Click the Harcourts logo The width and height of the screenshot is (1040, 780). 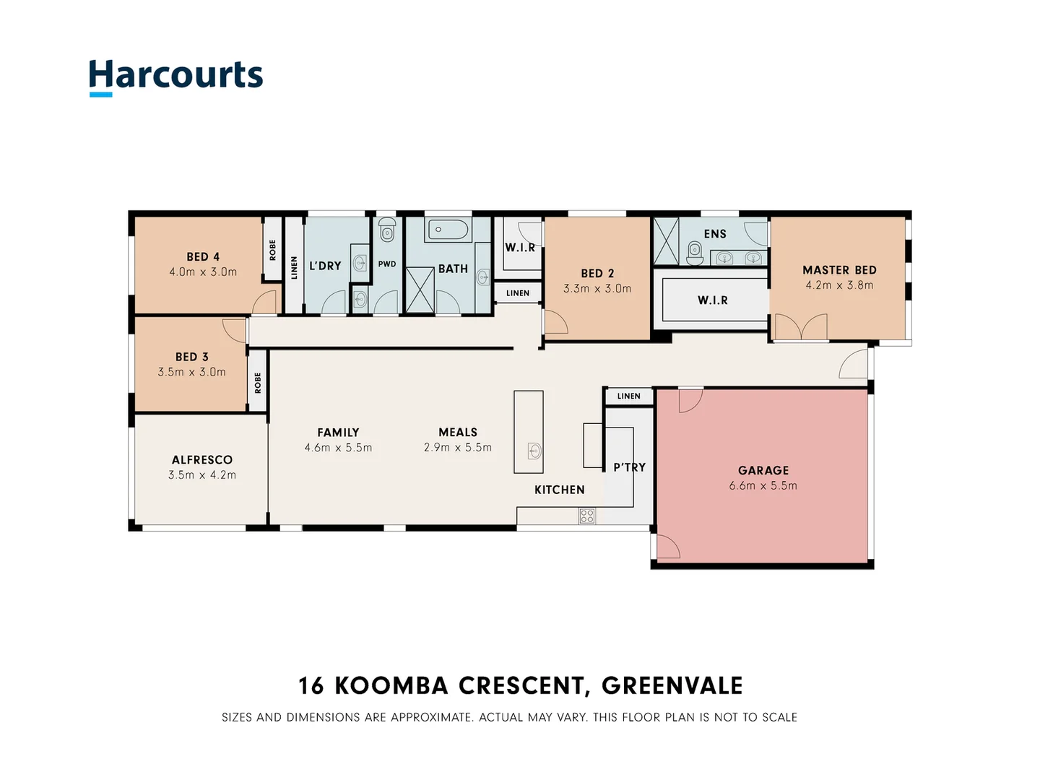[x=175, y=76]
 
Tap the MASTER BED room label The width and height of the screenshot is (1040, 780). [x=839, y=270]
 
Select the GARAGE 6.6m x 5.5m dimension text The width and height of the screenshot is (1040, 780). [x=763, y=486]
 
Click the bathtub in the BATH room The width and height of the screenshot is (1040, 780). [x=448, y=230]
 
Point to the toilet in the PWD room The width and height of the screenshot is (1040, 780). [x=387, y=231]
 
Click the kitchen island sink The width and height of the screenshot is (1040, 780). [x=534, y=451]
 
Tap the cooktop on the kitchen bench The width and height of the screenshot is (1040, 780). [x=586, y=516]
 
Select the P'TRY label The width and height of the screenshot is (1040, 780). [x=629, y=467]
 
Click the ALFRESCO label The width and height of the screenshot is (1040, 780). [x=202, y=460]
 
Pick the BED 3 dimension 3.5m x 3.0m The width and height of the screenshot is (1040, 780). [x=191, y=372]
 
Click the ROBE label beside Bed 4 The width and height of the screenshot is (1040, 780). [x=272, y=250]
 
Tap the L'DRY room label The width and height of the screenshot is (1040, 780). [x=325, y=266]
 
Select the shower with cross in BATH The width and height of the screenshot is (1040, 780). [x=419, y=290]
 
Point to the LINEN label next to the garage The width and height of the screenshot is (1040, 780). [x=628, y=396]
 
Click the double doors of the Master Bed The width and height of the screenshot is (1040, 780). [x=800, y=327]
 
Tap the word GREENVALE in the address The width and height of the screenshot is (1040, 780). [x=672, y=685]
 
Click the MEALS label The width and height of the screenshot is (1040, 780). [x=458, y=432]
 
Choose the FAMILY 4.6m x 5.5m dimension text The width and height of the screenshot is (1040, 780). [x=338, y=448]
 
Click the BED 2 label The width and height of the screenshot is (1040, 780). [x=597, y=273]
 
